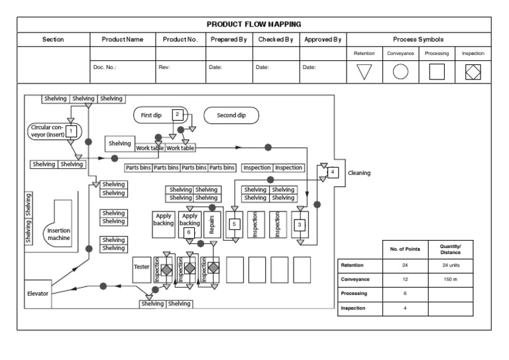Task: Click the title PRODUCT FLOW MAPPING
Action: [254, 24]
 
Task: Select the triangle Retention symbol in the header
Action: [365, 72]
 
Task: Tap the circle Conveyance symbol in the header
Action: [400, 72]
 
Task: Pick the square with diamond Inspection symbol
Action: [473, 72]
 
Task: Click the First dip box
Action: [152, 115]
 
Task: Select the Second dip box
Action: [231, 115]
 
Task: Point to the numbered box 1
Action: [71, 131]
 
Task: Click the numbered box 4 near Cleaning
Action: [333, 172]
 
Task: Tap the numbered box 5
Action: [234, 225]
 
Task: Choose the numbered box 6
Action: [189, 233]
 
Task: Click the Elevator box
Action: [37, 293]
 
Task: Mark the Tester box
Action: [142, 267]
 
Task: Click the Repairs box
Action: [211, 225]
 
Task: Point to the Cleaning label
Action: [359, 173]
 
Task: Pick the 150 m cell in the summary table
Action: [450, 280]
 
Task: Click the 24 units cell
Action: [450, 265]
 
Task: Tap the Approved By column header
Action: [323, 39]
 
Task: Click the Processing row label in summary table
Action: [354, 294]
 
